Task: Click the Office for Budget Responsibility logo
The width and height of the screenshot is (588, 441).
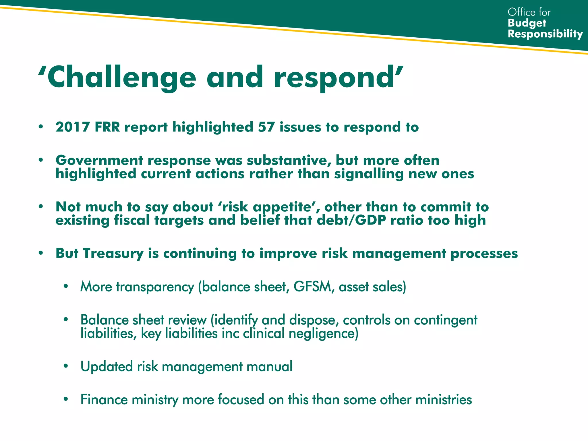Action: [545, 23]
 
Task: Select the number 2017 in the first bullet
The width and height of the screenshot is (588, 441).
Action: [73, 127]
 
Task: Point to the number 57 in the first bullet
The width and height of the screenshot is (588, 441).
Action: [266, 127]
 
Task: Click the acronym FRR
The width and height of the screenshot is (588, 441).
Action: [107, 127]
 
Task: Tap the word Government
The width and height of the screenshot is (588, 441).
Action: [99, 160]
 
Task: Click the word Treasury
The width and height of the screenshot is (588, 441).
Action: [113, 254]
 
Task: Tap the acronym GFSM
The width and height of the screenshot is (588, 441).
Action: [312, 287]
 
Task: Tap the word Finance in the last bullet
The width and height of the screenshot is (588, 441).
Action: [104, 400]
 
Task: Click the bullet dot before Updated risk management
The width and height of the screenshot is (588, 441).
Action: [66, 366]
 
